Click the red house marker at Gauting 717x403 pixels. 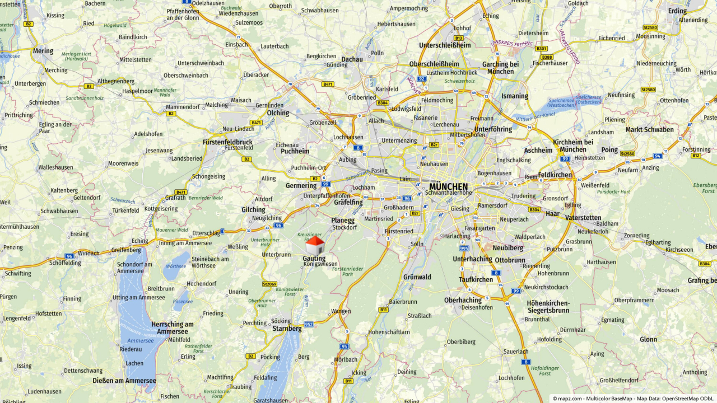coord(315,245)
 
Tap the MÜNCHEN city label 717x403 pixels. coord(448,186)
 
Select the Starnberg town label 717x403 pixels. coord(287,329)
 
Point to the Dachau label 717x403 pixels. coord(352,59)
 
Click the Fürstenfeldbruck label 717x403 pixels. coord(227,142)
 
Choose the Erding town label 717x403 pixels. coord(677,11)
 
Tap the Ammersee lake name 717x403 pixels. coord(141,340)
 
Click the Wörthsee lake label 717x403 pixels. coord(176,266)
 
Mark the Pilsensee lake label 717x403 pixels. coord(183,301)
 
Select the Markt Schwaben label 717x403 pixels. coord(650,129)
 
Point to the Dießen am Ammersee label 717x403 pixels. coord(124,381)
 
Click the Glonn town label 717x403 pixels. coord(649,339)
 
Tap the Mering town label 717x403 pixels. coord(43,50)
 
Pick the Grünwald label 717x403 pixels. coord(417,277)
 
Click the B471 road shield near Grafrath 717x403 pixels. coord(180,192)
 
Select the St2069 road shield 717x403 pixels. coord(269,284)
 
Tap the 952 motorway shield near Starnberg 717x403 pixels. coord(309,324)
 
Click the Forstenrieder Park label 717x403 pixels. coord(347,271)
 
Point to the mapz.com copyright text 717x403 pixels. coord(632,399)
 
